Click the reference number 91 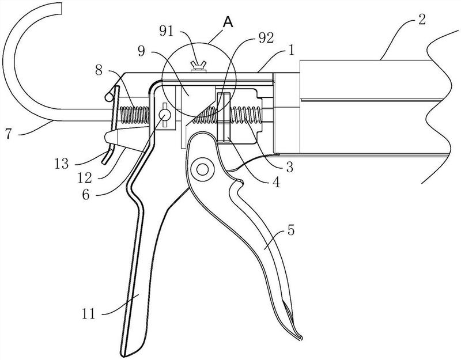167,31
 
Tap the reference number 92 265,37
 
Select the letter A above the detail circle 228,22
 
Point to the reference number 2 421,20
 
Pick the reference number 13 62,164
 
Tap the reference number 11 89,314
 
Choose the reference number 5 290,230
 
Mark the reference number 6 85,194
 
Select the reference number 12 85,177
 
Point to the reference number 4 276,182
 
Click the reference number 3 290,167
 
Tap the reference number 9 142,52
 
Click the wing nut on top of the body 198,66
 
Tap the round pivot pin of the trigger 202,169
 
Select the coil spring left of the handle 133,115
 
